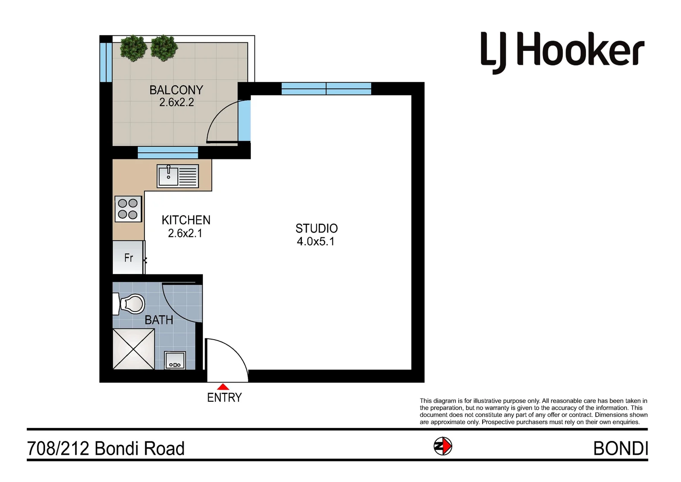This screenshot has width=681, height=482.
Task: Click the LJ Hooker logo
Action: point(562,52)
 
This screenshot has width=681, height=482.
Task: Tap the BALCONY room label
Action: point(176,90)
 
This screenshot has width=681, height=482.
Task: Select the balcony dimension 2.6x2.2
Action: point(176,103)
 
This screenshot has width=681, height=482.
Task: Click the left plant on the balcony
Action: point(133,48)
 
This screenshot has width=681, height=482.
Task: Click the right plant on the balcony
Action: point(164,48)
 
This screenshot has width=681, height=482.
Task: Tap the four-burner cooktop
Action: point(128,209)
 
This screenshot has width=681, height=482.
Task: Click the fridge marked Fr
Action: point(128,258)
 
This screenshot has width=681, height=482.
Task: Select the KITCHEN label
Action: point(186,220)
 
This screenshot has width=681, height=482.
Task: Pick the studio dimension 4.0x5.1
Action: point(316,241)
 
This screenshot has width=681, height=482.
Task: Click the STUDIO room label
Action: point(316,229)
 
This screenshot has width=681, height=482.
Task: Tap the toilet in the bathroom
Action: point(130,304)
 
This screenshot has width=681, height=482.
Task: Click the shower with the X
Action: point(134,349)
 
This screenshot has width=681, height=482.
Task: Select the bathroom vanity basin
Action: point(175,360)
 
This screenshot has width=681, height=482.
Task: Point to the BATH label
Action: point(159,320)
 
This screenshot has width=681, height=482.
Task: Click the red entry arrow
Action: point(223,387)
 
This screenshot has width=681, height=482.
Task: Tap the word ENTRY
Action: point(224,397)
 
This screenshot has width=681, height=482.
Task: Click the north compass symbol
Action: point(443,446)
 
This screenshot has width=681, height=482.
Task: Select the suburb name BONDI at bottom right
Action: point(620,449)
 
